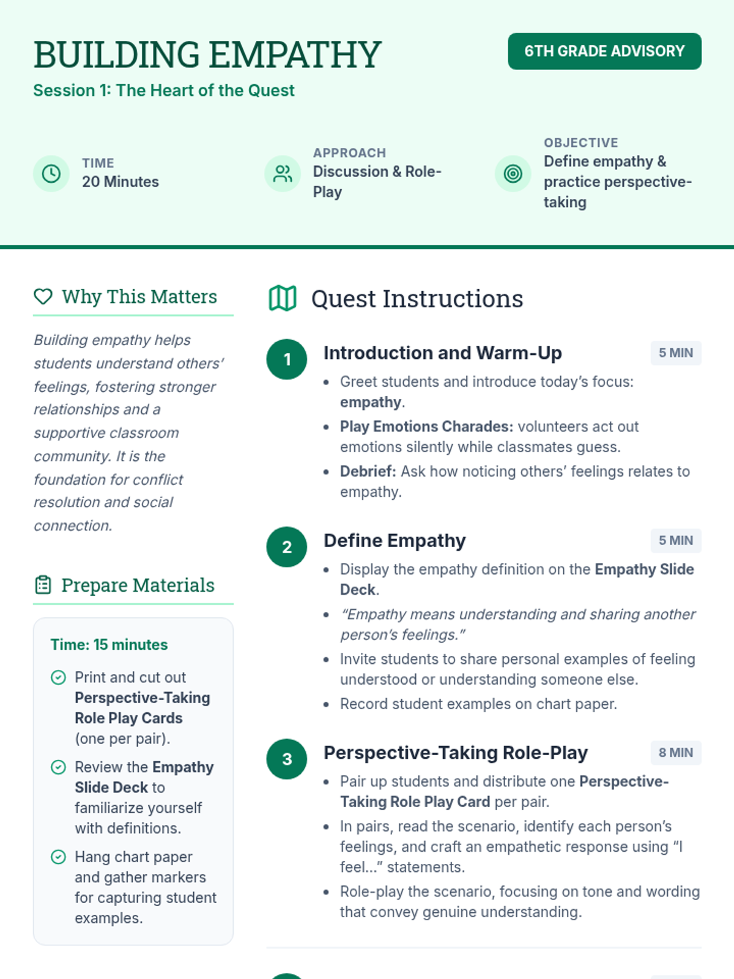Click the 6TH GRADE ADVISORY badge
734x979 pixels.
(x=604, y=51)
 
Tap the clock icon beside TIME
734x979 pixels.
(x=51, y=174)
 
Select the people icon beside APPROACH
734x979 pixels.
(x=283, y=174)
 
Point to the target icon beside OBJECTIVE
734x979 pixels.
(x=513, y=174)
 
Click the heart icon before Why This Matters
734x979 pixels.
(x=43, y=297)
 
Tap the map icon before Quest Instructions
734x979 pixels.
(x=283, y=299)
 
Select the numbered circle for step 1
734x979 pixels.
(x=287, y=359)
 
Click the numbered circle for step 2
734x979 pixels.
(x=287, y=547)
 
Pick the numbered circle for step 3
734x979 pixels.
(x=287, y=759)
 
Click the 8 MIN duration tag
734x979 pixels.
(x=676, y=753)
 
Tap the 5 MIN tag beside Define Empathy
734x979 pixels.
(x=676, y=541)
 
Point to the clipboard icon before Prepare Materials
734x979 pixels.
(x=43, y=585)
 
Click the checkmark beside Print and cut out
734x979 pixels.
(x=58, y=677)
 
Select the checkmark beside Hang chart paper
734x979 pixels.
(x=58, y=857)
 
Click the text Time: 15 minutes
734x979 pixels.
(x=109, y=645)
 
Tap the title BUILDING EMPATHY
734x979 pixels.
(x=207, y=55)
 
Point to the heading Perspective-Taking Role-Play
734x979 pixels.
(x=456, y=753)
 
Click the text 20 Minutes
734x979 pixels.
(x=120, y=182)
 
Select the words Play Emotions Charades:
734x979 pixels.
(x=426, y=426)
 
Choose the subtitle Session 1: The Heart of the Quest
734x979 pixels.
(x=164, y=91)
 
